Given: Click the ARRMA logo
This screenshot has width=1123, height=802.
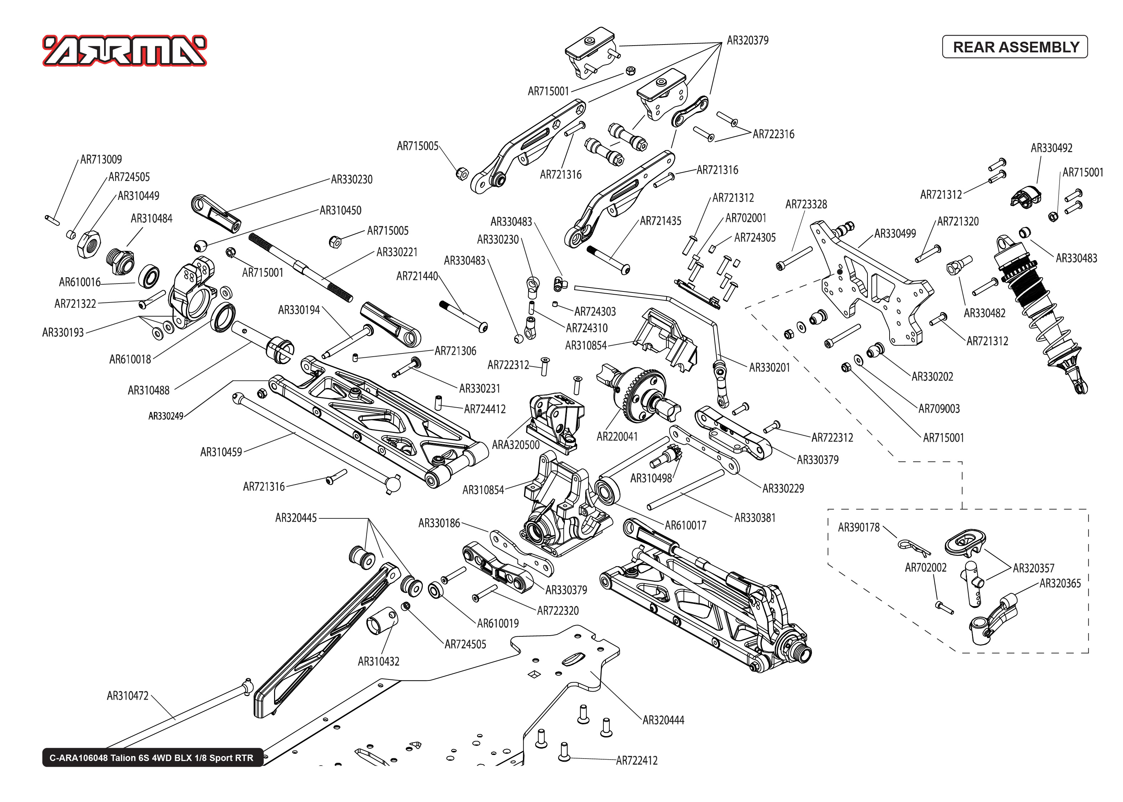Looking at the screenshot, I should (124, 51).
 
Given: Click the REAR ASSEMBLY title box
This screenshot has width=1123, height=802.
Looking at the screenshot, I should (1015, 47).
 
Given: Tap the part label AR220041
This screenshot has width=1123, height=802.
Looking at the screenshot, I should (617, 436).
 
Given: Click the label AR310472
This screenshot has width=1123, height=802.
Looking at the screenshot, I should (128, 696).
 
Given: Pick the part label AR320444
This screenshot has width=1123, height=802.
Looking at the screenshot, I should (663, 720).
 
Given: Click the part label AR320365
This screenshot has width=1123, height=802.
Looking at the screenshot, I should (1060, 584).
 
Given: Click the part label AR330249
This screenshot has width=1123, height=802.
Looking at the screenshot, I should (165, 416).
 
